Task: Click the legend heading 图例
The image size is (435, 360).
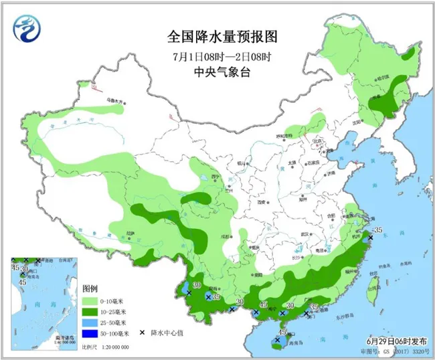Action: pos(90,288)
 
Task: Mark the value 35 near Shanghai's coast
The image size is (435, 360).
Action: pos(377,230)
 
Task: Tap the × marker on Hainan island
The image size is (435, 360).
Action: pos(276,340)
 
